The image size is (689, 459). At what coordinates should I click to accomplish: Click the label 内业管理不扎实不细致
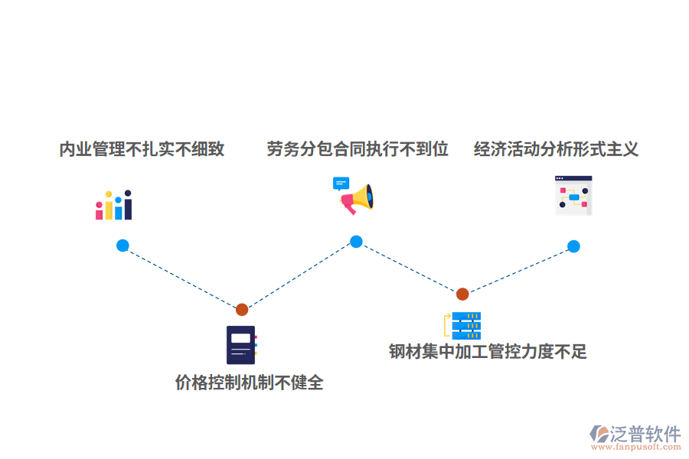tap(142, 149)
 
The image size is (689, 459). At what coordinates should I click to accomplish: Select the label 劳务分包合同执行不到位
tap(358, 149)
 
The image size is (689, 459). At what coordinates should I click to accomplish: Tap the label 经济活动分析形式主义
tap(556, 149)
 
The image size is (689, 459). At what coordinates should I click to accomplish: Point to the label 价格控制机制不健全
tap(249, 382)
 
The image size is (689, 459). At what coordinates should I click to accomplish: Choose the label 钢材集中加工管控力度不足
tap(488, 352)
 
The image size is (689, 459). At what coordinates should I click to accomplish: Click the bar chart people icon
tap(114, 205)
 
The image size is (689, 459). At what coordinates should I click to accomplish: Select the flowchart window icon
tap(573, 195)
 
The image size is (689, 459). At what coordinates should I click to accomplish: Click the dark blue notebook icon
tap(240, 345)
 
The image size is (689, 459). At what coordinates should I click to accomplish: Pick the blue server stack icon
tap(466, 326)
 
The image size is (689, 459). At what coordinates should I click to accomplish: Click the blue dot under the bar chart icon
tap(122, 246)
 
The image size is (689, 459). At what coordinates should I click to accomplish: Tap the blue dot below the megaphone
tap(356, 242)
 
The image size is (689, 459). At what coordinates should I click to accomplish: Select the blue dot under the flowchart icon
tap(573, 246)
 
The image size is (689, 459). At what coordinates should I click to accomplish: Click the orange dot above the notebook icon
tap(242, 310)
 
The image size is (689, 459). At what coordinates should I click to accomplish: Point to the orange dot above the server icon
tap(462, 294)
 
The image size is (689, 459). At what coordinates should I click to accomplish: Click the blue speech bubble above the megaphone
tap(341, 183)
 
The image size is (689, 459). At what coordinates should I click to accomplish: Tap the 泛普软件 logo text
tap(645, 434)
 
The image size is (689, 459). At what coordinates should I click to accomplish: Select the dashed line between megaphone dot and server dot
tap(410, 268)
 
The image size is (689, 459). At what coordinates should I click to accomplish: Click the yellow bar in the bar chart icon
tap(109, 207)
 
